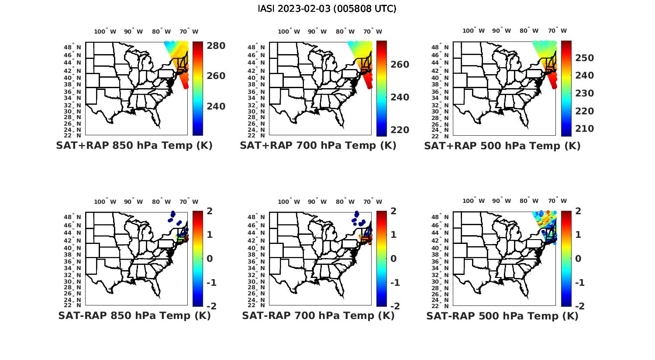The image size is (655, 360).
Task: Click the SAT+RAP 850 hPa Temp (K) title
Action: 134,145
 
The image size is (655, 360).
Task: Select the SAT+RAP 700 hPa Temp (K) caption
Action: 318,145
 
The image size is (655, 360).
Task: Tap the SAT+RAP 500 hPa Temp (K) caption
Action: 502,146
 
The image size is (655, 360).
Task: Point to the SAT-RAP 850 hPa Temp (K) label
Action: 134,315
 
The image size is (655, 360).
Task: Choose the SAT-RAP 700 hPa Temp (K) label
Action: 318,315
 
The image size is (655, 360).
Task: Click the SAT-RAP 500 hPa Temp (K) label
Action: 502,316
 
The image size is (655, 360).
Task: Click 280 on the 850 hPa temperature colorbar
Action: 216,45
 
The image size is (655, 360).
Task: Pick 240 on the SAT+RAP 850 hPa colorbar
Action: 216,106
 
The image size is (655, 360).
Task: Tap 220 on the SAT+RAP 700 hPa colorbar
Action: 400,130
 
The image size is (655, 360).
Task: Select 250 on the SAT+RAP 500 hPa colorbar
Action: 584,58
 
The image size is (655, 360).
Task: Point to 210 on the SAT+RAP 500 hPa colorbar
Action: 584,129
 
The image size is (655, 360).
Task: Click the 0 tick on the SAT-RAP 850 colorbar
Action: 210,259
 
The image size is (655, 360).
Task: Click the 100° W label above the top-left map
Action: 105,31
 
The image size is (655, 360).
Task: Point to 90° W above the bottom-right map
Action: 501,201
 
